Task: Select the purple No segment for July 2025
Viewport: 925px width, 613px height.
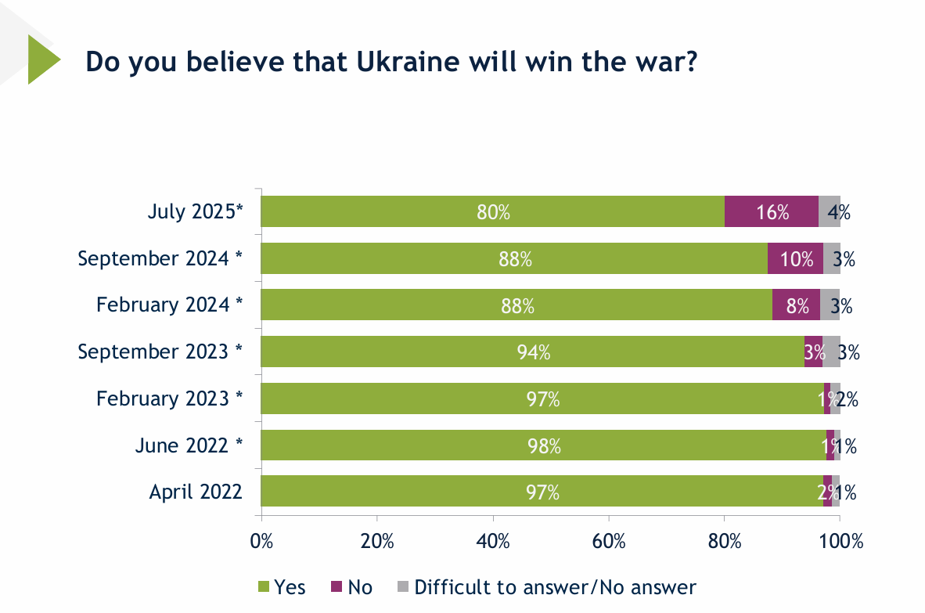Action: click(x=771, y=211)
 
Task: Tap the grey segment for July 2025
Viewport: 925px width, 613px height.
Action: click(x=829, y=211)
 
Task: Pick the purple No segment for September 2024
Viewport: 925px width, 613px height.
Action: click(x=795, y=258)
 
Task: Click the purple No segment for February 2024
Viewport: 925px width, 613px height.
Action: click(x=796, y=305)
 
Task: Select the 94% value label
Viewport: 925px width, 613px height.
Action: click(x=534, y=352)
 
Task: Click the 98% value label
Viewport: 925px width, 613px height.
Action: click(x=545, y=445)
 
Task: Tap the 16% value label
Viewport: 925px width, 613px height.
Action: click(x=772, y=212)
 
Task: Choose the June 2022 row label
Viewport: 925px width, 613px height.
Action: click(x=189, y=445)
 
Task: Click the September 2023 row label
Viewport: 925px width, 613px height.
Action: click(x=160, y=352)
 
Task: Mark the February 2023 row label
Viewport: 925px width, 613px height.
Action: click(x=169, y=398)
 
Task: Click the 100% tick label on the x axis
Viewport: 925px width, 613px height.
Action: click(x=840, y=541)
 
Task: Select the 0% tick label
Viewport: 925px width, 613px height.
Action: click(x=261, y=541)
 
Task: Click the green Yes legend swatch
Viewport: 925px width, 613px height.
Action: click(x=264, y=586)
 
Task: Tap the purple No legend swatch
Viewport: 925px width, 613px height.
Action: click(x=337, y=586)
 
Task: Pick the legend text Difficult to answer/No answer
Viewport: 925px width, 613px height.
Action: click(x=555, y=586)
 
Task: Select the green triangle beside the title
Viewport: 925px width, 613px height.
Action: click(x=41, y=59)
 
